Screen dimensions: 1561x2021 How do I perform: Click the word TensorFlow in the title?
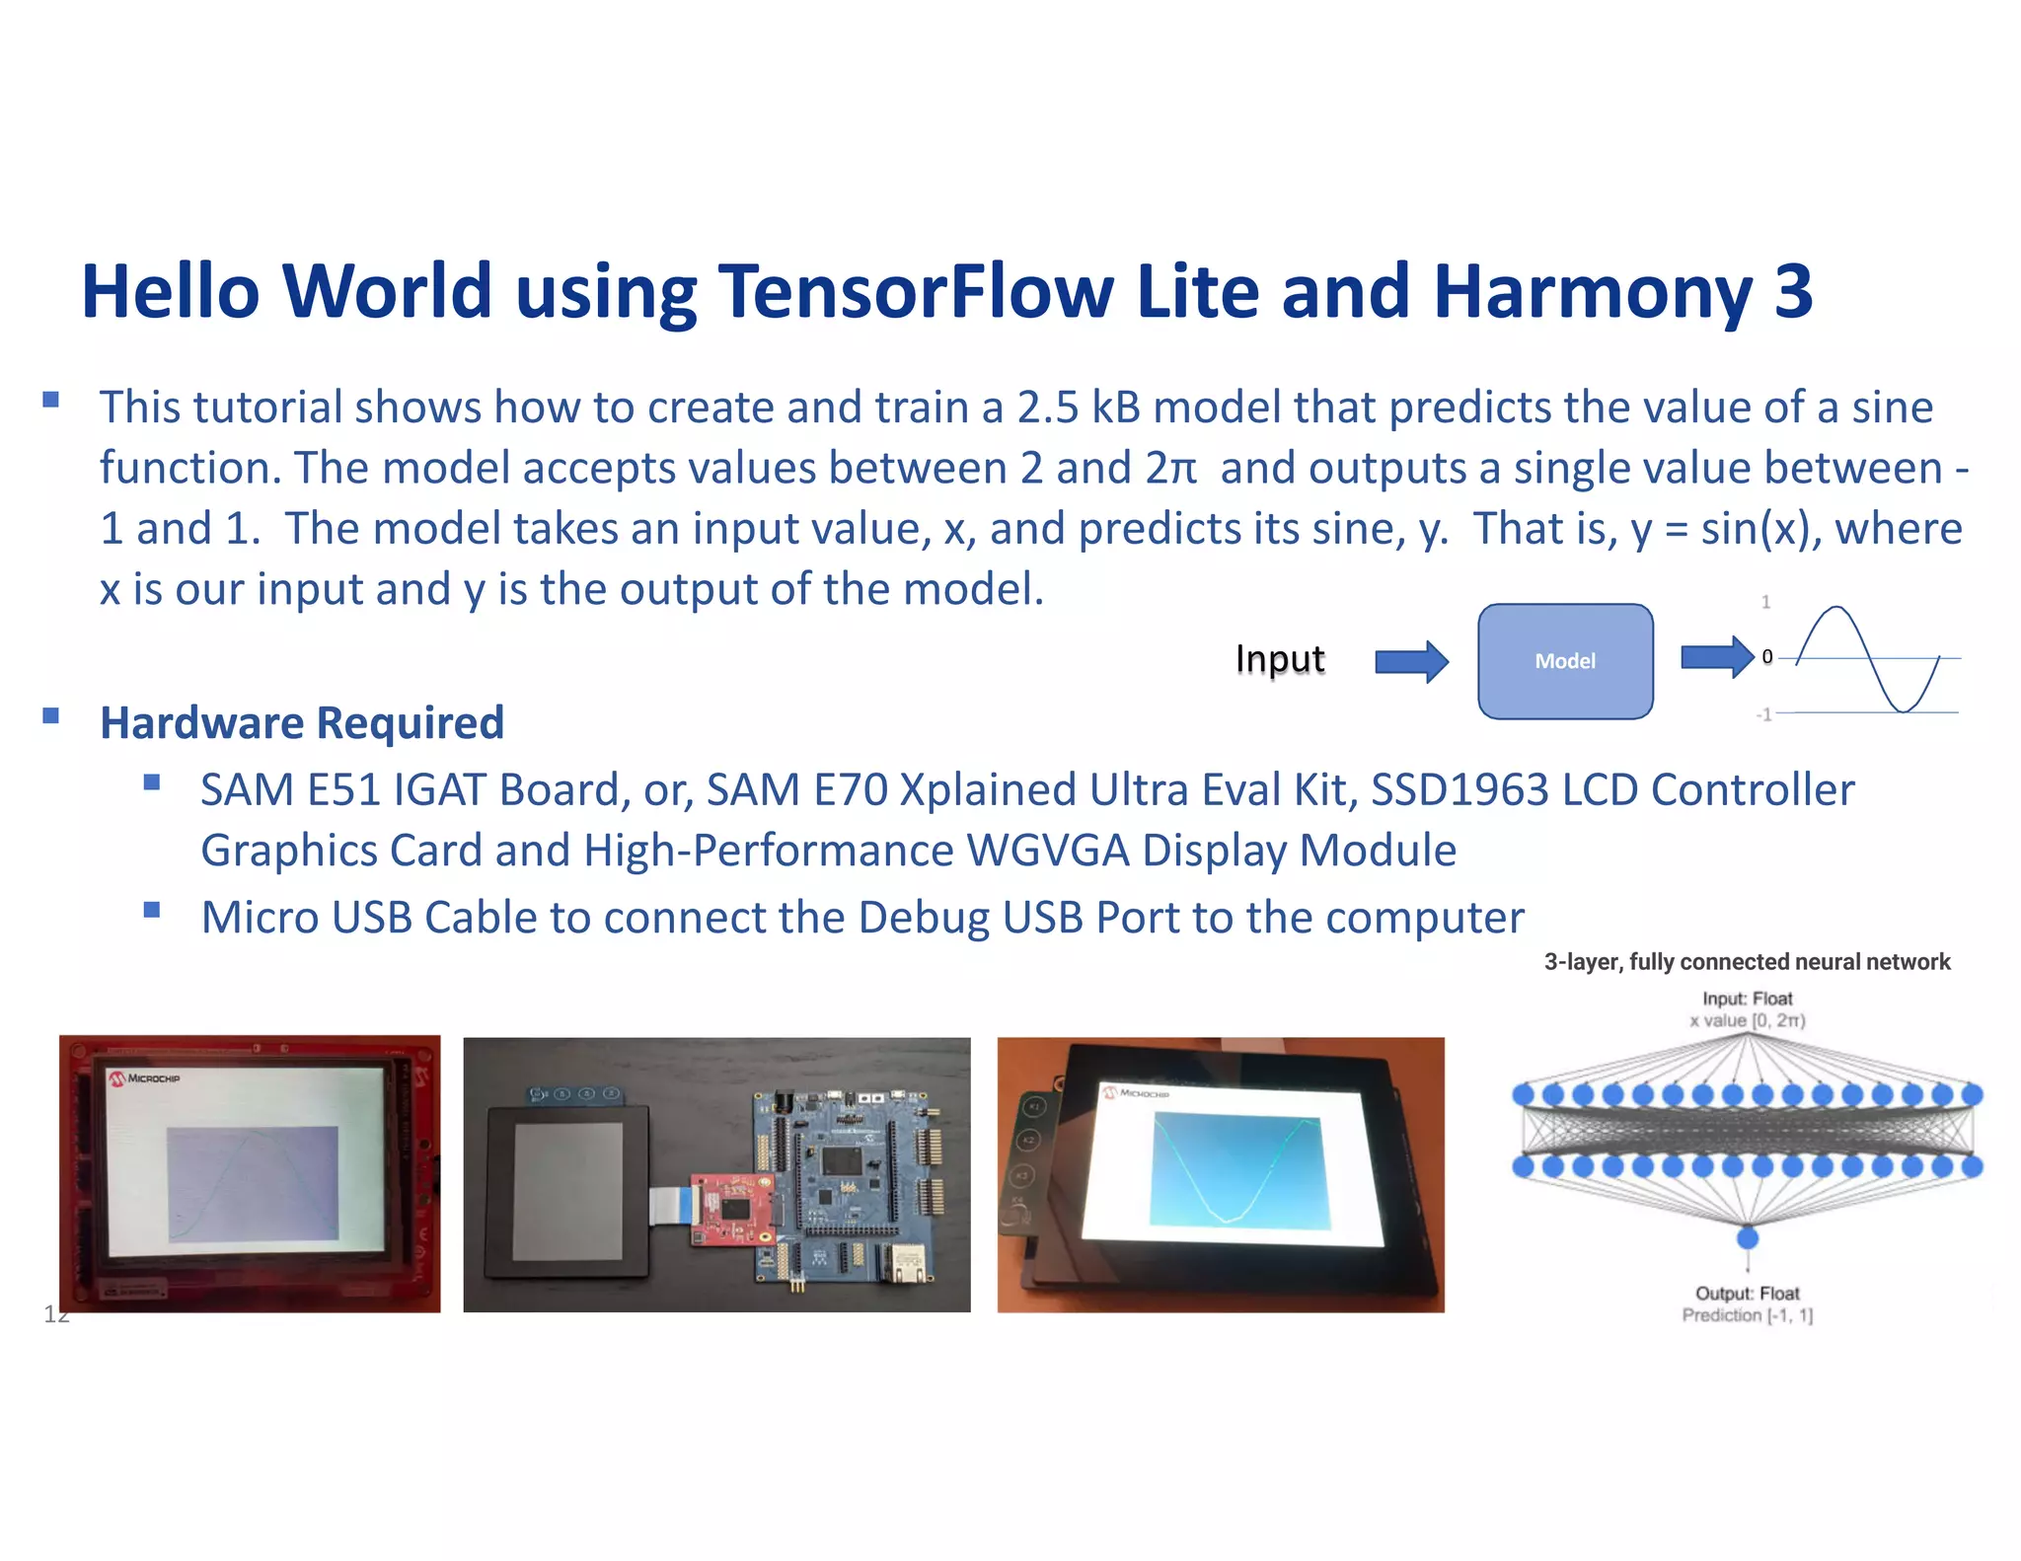coord(915,292)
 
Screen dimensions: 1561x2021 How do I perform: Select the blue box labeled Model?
coord(1564,660)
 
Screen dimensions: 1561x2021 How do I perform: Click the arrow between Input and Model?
coord(1411,660)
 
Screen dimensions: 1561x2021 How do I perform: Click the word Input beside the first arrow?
coord(1279,658)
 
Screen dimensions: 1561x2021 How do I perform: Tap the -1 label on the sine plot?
coord(1764,714)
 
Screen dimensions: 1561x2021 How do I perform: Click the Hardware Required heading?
coord(302,722)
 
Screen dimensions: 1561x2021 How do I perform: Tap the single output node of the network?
coord(1747,1236)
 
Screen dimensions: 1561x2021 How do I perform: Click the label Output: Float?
coord(1747,1293)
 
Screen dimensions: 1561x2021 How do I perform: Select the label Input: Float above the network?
coord(1747,999)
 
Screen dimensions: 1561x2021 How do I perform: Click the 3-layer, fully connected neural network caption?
coord(1747,962)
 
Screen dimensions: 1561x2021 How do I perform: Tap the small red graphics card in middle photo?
coord(730,1208)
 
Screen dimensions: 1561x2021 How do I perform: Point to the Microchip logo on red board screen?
coord(145,1078)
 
